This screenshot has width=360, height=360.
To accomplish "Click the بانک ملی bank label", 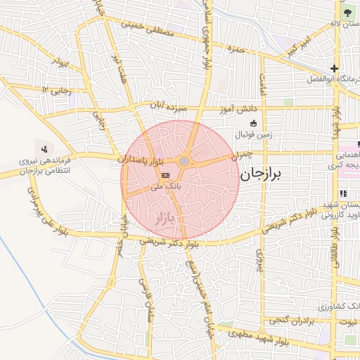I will coord(167,188).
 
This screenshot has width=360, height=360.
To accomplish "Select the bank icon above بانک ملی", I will coord(166,175).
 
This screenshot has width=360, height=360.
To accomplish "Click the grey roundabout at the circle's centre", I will coord(184,162).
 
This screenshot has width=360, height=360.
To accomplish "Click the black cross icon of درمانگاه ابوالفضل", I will coord(334,69).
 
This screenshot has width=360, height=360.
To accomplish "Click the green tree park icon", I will coord(347,11).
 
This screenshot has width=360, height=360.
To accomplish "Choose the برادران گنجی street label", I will coord(288,322).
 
